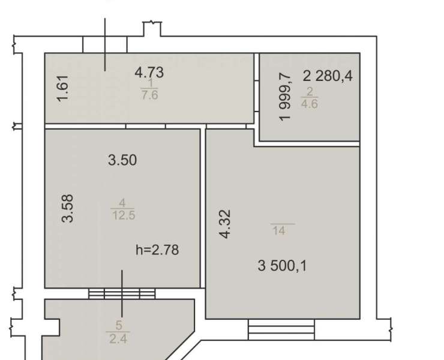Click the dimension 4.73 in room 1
149,72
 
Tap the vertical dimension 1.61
62,88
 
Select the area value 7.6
149,95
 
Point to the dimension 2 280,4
328,76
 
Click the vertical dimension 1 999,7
285,97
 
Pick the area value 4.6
310,104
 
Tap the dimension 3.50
122,160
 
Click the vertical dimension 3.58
68,208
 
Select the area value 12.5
124,215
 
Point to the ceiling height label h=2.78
157,250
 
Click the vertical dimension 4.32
226,224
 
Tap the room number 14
279,231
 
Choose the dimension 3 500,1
283,266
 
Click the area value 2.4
118,339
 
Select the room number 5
119,325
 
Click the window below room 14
281,329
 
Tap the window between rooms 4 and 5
122,293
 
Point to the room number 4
122,203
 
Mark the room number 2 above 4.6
310,91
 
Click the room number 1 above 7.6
150,83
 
